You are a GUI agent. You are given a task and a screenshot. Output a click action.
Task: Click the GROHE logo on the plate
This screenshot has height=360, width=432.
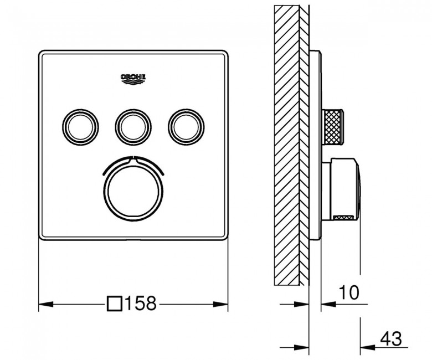(x=133, y=79)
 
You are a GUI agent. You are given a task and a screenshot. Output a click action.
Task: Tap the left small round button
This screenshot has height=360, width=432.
(x=80, y=127)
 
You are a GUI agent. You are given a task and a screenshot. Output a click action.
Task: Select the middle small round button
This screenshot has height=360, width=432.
(x=133, y=127)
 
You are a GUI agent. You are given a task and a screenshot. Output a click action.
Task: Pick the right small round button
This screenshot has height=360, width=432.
(x=186, y=127)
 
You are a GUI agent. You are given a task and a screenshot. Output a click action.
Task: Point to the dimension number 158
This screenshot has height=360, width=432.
(x=141, y=304)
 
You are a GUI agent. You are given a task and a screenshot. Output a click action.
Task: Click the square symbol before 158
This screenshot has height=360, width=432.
(x=114, y=304)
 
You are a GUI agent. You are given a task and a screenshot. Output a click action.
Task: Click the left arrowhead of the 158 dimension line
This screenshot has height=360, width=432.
(x=46, y=305)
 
